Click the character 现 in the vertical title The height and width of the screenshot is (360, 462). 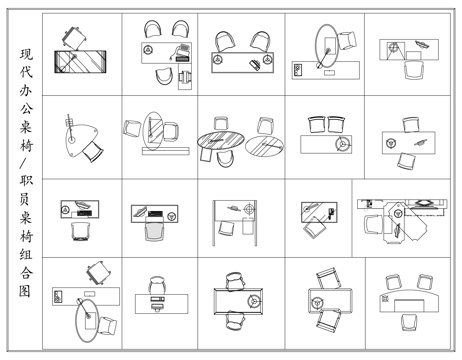pyautogui.click(x=26, y=55)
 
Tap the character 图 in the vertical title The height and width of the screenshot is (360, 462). pyautogui.click(x=25, y=291)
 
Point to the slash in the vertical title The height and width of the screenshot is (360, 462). pyautogui.click(x=26, y=163)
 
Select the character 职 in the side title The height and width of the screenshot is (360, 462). pyautogui.click(x=26, y=181)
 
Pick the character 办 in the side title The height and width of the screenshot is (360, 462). pyautogui.click(x=26, y=91)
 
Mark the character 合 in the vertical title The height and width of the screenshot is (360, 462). pyautogui.click(x=26, y=273)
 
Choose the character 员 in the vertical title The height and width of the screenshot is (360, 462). pyautogui.click(x=26, y=199)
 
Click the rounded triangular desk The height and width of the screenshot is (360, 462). pyautogui.click(x=79, y=139)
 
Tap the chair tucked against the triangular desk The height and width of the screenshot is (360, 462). pyautogui.click(x=93, y=151)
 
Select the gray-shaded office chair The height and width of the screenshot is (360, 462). pyautogui.click(x=154, y=230)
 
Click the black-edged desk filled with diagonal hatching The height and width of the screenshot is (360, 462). pyautogui.click(x=80, y=62)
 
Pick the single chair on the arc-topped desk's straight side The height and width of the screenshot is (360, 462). pyautogui.click(x=409, y=322)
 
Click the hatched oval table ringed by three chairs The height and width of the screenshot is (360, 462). pyautogui.click(x=221, y=140)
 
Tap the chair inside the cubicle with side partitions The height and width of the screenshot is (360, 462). pyautogui.click(x=227, y=228)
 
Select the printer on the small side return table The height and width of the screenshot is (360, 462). pyautogui.click(x=185, y=78)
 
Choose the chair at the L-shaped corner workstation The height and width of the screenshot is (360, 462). pyautogui.click(x=373, y=225)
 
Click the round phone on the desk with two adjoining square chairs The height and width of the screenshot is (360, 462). pyautogui.click(x=343, y=144)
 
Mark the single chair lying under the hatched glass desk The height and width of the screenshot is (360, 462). pyautogui.click(x=314, y=228)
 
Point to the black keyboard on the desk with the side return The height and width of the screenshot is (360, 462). pyautogui.click(x=182, y=59)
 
